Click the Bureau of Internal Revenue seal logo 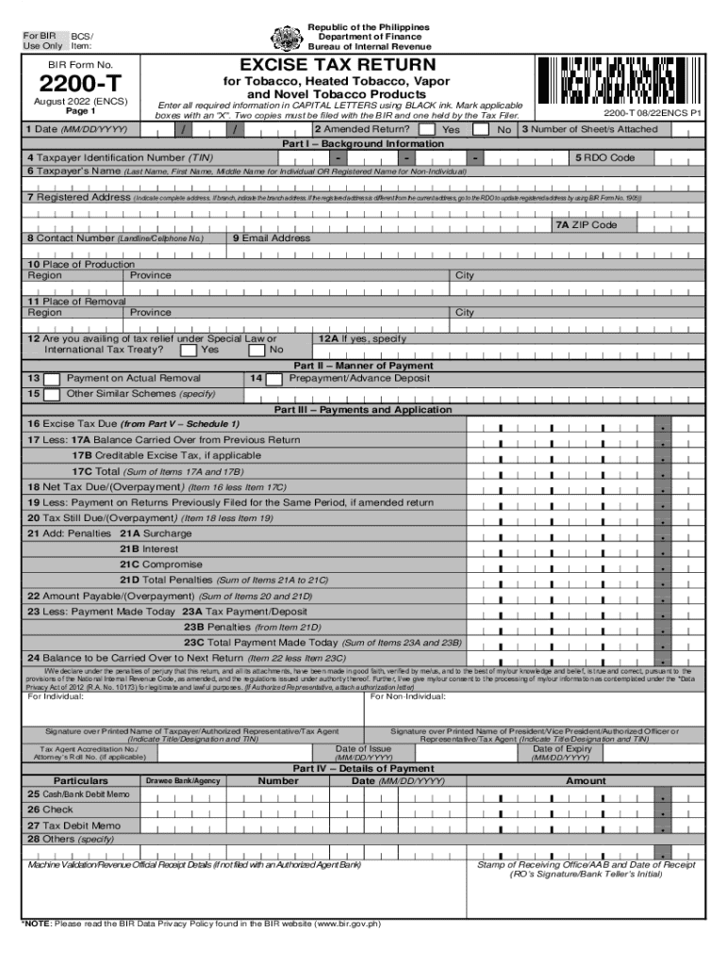pos(287,37)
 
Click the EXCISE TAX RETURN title pos(338,64)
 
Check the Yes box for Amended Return pos(427,129)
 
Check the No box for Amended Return pos(481,129)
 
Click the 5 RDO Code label pos(604,157)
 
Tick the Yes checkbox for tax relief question pos(189,351)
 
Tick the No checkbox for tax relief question pos(256,351)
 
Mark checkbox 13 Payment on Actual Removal pos(53,379)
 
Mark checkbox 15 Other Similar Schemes pos(53,394)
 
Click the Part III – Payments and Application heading pos(363,410)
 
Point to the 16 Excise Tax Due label pos(133,424)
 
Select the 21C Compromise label pos(160,564)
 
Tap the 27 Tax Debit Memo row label pos(74,826)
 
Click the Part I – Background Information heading pos(363,143)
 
